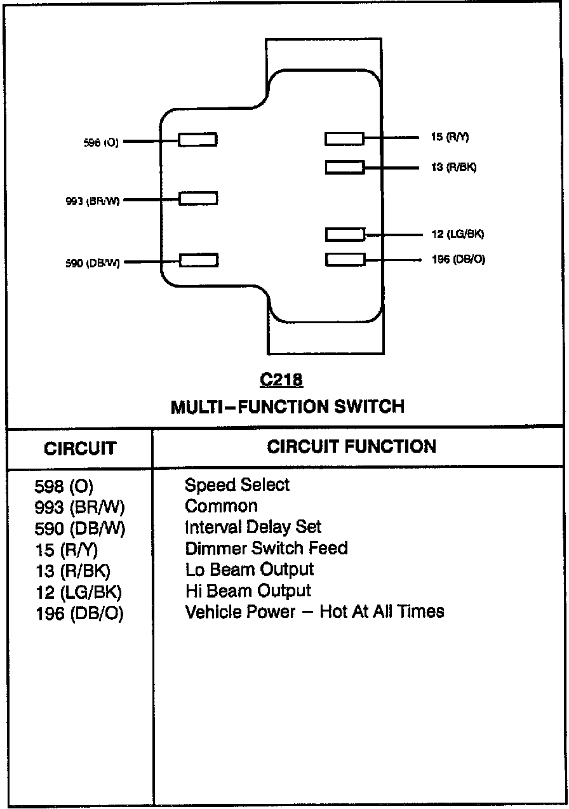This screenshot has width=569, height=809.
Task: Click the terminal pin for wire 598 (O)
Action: (x=197, y=140)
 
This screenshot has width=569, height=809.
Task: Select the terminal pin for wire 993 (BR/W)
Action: (x=198, y=198)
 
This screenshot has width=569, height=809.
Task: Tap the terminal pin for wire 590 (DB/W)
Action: (x=199, y=260)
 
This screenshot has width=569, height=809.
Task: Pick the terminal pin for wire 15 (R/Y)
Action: (x=344, y=138)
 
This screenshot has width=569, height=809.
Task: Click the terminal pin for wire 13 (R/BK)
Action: (x=345, y=168)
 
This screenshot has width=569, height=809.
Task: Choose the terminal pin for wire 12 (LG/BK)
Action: (x=345, y=234)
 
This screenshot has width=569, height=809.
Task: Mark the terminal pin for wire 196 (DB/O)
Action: (x=345, y=259)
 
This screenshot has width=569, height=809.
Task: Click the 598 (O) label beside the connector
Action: (x=101, y=143)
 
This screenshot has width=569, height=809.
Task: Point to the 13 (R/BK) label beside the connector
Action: (x=453, y=168)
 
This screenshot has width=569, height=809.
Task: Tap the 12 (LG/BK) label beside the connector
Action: (x=457, y=234)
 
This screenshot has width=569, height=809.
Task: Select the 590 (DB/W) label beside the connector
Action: (x=93, y=263)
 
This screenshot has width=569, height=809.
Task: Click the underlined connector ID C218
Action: (x=281, y=380)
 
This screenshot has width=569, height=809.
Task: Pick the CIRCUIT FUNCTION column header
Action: (x=351, y=446)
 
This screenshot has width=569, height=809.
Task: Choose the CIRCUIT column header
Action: (x=80, y=448)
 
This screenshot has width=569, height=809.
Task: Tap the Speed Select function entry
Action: (x=237, y=485)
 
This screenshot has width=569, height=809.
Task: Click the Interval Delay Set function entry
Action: (x=253, y=527)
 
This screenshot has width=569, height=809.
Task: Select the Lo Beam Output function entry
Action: (x=249, y=569)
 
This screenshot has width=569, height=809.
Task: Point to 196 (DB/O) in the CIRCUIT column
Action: (x=79, y=614)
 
